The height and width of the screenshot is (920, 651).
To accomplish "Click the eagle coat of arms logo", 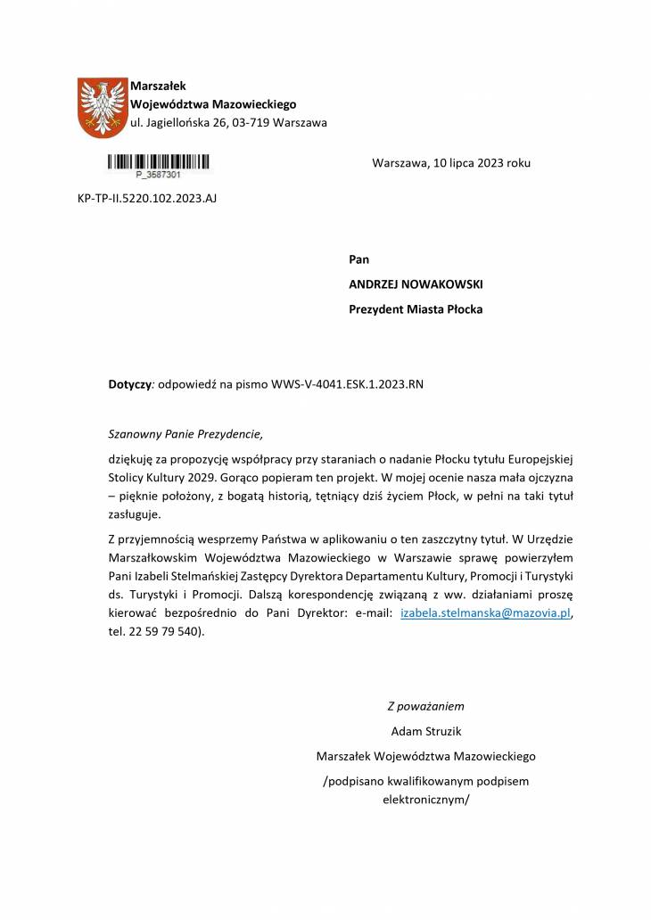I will [103, 107].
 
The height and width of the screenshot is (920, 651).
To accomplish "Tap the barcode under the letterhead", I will [160, 162].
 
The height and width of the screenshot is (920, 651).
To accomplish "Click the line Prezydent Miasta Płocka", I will [416, 309].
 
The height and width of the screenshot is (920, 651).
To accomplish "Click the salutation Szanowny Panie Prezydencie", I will [185, 435].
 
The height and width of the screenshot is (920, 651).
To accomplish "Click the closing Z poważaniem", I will [425, 707].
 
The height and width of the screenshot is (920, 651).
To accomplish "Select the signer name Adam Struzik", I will [425, 732].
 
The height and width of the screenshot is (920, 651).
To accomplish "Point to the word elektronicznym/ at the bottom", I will [425, 800].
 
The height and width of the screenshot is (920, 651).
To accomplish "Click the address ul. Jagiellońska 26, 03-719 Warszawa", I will [228, 121].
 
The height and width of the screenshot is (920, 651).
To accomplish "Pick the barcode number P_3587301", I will [159, 175].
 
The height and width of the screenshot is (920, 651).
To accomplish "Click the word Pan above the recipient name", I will [358, 259].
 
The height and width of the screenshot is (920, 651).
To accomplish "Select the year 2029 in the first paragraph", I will [201, 476].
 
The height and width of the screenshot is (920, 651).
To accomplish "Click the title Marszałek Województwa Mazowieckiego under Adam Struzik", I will [425, 757].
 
